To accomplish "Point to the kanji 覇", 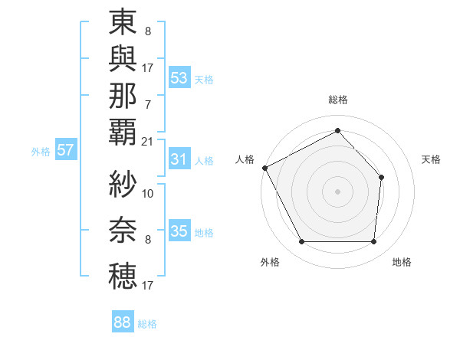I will pyautogui.click(x=123, y=131).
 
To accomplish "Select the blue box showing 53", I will pyautogui.click(x=179, y=78).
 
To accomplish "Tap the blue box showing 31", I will pyautogui.click(x=179, y=159).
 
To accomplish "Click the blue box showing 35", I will pyautogui.click(x=179, y=231).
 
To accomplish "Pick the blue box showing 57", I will pyautogui.click(x=65, y=150).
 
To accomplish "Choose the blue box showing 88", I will pyautogui.click(x=122, y=322).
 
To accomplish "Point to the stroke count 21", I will pyautogui.click(x=147, y=141).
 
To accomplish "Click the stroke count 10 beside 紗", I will pyautogui.click(x=148, y=193).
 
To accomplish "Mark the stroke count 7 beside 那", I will pyautogui.click(x=147, y=104).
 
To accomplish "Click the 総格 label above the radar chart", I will pyautogui.click(x=337, y=100).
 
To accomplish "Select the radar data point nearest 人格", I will pyautogui.click(x=264, y=168).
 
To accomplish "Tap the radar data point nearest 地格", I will pyautogui.click(x=373, y=242).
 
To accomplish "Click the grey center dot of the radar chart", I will pyautogui.click(x=337, y=191).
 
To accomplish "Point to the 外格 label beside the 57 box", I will pyautogui.click(x=40, y=152).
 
